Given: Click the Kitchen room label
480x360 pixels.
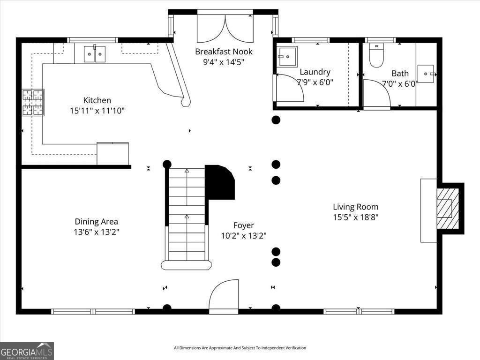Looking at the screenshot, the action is pos(97,100).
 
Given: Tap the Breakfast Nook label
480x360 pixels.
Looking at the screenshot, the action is pos(224,52).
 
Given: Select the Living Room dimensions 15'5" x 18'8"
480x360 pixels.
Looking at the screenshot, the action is pos(356,217).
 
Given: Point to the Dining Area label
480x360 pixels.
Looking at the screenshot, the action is pos(97,222).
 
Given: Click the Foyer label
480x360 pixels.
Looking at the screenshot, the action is pos(244,225).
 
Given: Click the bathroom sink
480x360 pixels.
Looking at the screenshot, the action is pos(426,74).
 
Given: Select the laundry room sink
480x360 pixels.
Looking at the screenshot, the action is pos(287,56).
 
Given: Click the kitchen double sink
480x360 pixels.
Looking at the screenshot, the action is pos(95,54).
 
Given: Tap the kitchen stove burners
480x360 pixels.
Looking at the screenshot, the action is pos(33,102).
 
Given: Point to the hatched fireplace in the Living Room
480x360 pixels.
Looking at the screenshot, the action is pos(448,209).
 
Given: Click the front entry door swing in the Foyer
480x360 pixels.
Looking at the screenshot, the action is pos(224,295).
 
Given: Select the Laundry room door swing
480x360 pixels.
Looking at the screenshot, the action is pos(290,88).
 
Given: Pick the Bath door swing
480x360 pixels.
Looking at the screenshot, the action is pos(376,93).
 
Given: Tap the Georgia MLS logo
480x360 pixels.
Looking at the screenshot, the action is pos(27,351).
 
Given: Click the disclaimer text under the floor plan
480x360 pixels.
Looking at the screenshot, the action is pos(240,348).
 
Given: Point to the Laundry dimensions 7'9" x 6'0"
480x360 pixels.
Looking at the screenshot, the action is pos(315,82).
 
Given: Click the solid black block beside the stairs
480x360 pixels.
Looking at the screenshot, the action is pos(220,182).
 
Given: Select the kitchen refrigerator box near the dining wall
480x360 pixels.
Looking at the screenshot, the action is pos(112,154).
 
